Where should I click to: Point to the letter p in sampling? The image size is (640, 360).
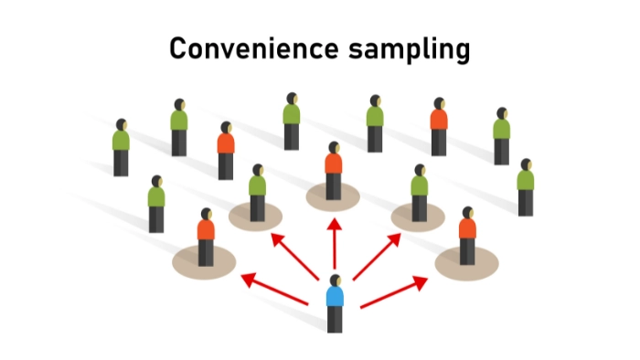[409, 53]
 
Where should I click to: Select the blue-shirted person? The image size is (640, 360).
[336, 302]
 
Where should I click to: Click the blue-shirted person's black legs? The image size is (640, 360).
[336, 319]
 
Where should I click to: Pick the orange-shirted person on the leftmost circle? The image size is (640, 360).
[206, 236]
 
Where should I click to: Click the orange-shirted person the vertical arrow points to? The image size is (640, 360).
[334, 170]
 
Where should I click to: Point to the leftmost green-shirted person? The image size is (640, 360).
[121, 146]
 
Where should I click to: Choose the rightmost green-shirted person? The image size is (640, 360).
[525, 186]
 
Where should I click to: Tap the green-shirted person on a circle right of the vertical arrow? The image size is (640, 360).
[419, 193]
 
